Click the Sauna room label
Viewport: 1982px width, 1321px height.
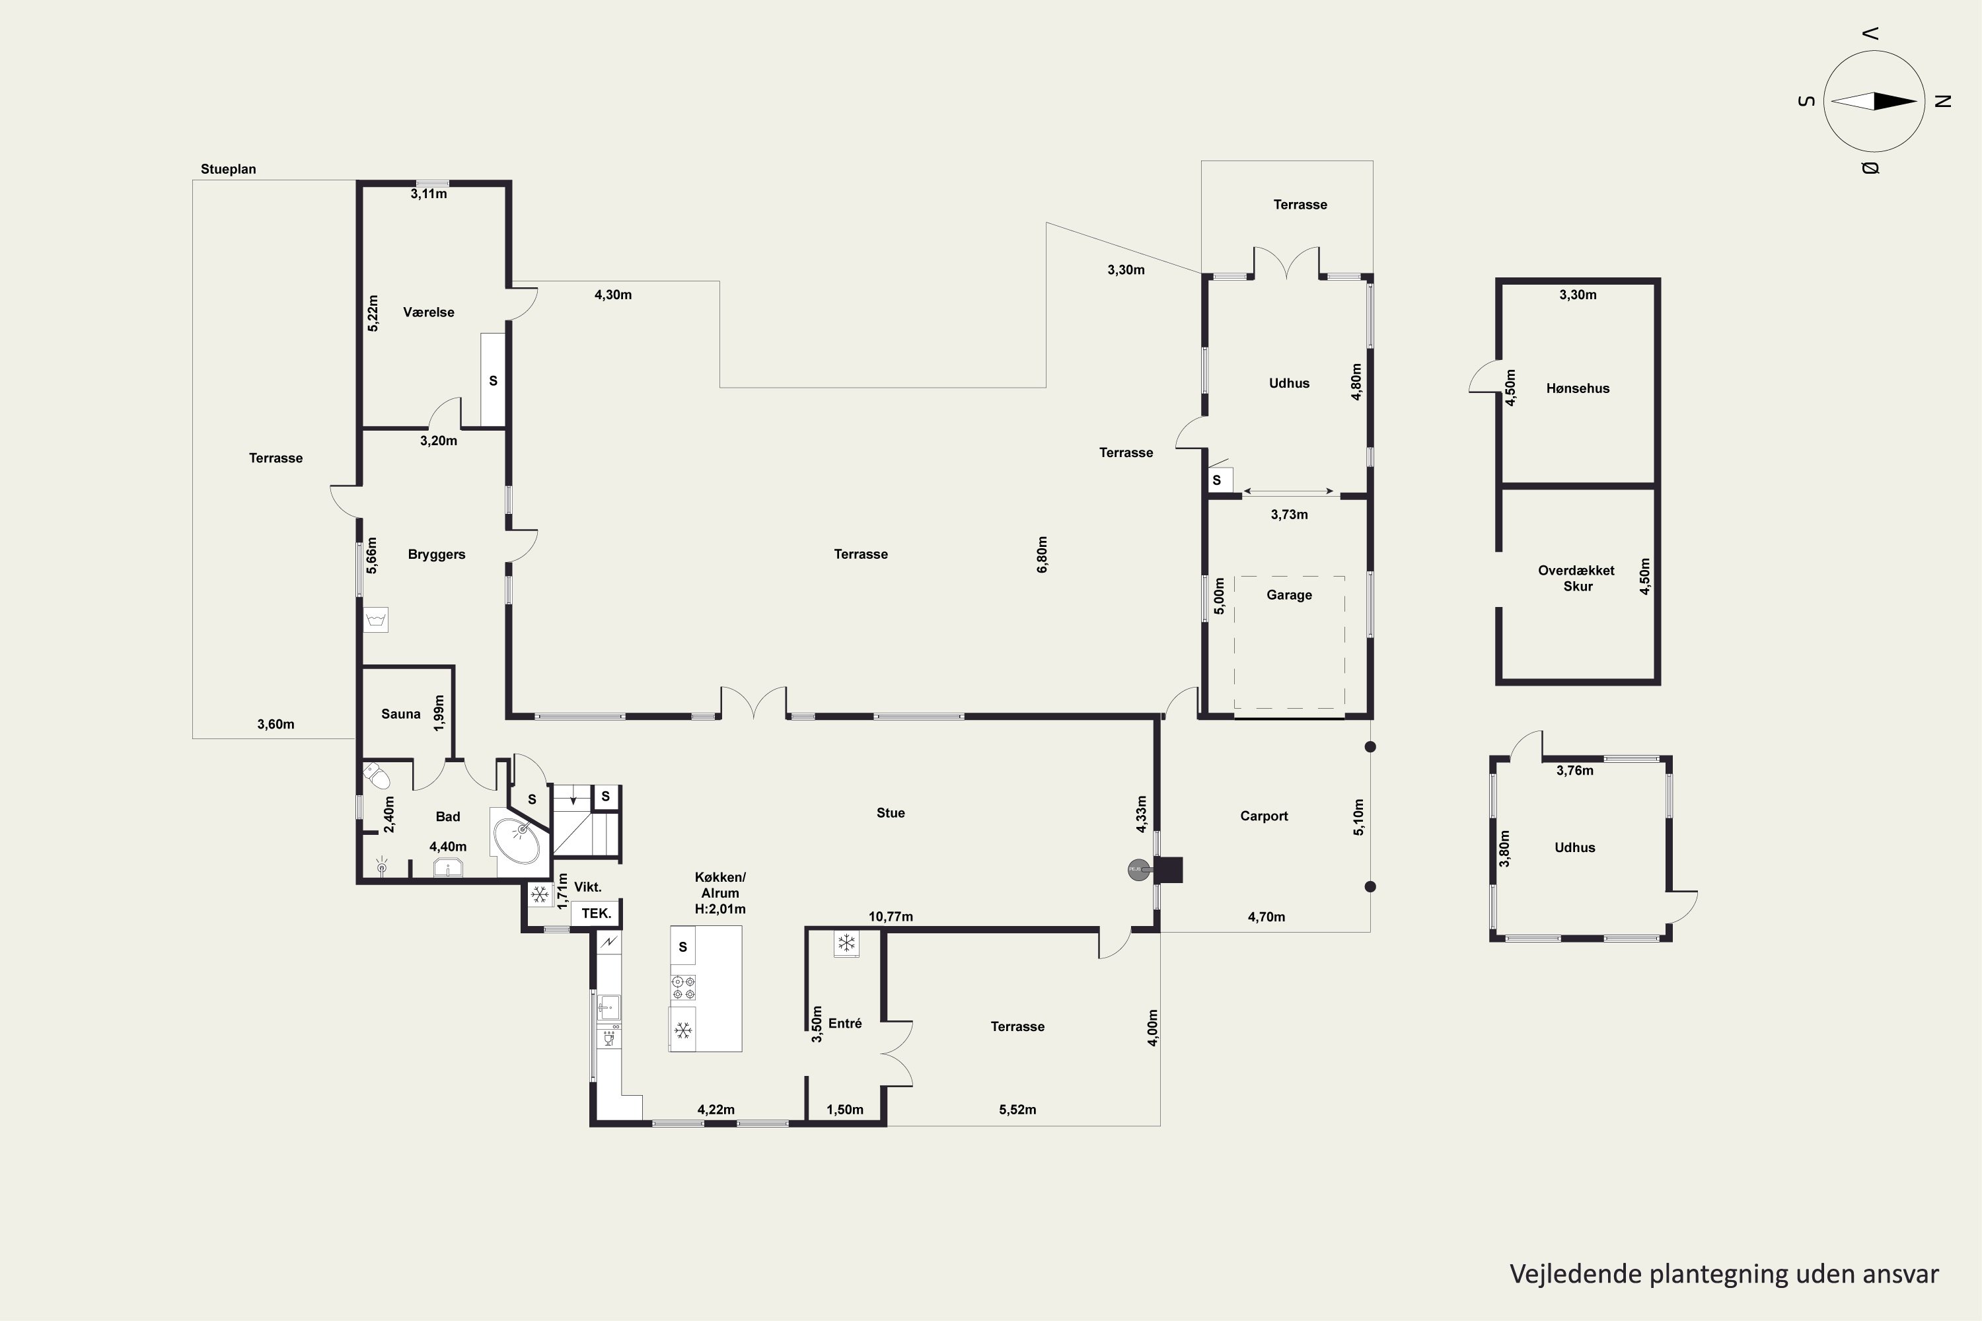[x=400, y=713]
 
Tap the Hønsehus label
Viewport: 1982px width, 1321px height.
[x=1578, y=388]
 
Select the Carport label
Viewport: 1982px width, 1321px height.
[x=1264, y=816]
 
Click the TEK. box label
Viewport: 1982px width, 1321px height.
[x=596, y=913]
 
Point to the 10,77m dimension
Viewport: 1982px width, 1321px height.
[x=891, y=917]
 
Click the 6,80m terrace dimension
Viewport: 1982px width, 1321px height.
[x=1043, y=554]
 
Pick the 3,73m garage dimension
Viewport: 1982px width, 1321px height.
[x=1290, y=514]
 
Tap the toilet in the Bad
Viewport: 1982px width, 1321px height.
[x=375, y=773]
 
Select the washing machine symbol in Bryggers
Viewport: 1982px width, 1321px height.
[x=376, y=620]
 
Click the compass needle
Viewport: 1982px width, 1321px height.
[x=1874, y=101]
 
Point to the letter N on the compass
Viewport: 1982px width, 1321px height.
[x=1943, y=101]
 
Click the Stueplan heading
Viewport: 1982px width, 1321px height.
[x=229, y=169]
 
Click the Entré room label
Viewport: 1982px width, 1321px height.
[x=844, y=1022]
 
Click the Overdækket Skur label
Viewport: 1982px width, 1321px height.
[x=1576, y=578]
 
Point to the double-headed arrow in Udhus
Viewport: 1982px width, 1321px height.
[x=1288, y=491]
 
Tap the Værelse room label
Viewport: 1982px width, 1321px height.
[x=428, y=312]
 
